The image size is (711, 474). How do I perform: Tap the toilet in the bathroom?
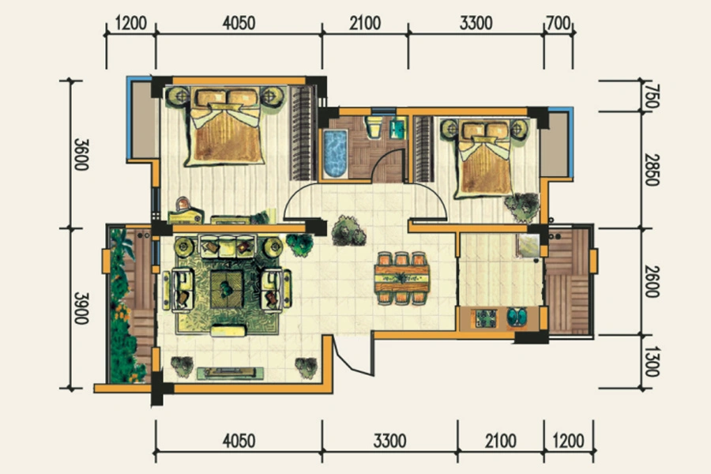coord(374,127)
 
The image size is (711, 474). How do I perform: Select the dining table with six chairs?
coord(402,278)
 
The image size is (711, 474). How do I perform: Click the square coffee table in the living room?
coord(226,289)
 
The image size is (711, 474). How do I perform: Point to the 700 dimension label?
coord(559,23)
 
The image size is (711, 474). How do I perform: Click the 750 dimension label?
coord(651,96)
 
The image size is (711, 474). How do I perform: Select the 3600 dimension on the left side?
coord(81,154)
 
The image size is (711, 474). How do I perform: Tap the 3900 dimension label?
coord(81,308)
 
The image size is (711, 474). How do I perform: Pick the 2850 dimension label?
coord(651,170)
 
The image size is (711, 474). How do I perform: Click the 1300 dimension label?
coord(651,362)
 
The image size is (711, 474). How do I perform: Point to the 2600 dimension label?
coord(651,281)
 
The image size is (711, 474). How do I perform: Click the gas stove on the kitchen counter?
coord(485,318)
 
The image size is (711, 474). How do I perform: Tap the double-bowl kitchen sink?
coord(517,317)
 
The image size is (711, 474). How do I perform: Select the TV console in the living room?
coord(231,373)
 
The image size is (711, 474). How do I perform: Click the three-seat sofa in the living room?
coord(228,246)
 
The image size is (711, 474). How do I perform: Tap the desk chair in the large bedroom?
coord(183,204)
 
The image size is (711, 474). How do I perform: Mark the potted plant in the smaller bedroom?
coord(523,206)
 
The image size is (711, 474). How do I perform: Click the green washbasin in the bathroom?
coord(397,128)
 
